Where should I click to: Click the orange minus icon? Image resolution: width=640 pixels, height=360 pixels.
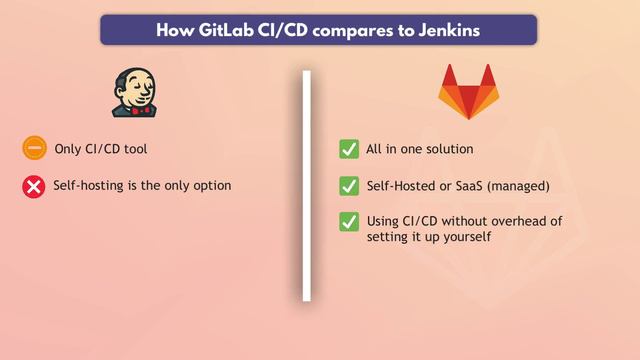click(34, 149)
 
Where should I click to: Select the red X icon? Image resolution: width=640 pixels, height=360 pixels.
click(34, 186)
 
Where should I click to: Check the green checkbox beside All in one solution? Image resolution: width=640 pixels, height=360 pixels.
click(349, 149)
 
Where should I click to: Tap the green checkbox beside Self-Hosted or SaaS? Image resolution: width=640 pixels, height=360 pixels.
click(349, 186)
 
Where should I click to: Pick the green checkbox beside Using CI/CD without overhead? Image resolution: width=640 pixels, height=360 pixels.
click(349, 221)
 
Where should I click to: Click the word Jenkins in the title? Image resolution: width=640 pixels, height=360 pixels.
click(448, 30)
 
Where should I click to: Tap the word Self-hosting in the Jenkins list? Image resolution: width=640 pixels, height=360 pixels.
click(84, 186)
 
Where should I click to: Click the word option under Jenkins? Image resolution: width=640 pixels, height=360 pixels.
click(213, 186)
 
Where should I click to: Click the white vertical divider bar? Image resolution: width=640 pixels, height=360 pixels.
click(307, 185)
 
